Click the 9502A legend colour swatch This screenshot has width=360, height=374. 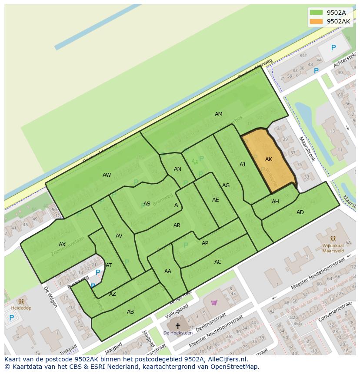pyautogui.click(x=316, y=13)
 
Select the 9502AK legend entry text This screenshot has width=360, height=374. pyautogui.click(x=338, y=21)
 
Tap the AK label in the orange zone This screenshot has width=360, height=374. pyautogui.click(x=268, y=159)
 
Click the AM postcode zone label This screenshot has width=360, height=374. pyautogui.click(x=218, y=114)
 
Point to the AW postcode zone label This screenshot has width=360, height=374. pyautogui.click(x=107, y=175)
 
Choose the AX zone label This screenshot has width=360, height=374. pyautogui.click(x=62, y=245)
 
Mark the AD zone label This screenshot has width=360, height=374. pyautogui.click(x=300, y=212)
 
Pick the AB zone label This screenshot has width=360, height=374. pyautogui.click(x=130, y=312)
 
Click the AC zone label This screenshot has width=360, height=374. pyautogui.click(x=218, y=262)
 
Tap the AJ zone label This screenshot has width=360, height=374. pyautogui.click(x=242, y=165)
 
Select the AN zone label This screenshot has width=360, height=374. pyautogui.click(x=177, y=169)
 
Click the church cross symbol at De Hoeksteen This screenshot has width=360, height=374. pyautogui.click(x=177, y=325)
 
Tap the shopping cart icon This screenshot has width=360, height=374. pyautogui.click(x=213, y=302)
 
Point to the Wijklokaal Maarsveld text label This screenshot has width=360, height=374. pyautogui.click(x=333, y=250)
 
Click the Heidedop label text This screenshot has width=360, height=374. pyautogui.click(x=21, y=308)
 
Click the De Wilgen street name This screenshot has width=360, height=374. pyautogui.click(x=50, y=297)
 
